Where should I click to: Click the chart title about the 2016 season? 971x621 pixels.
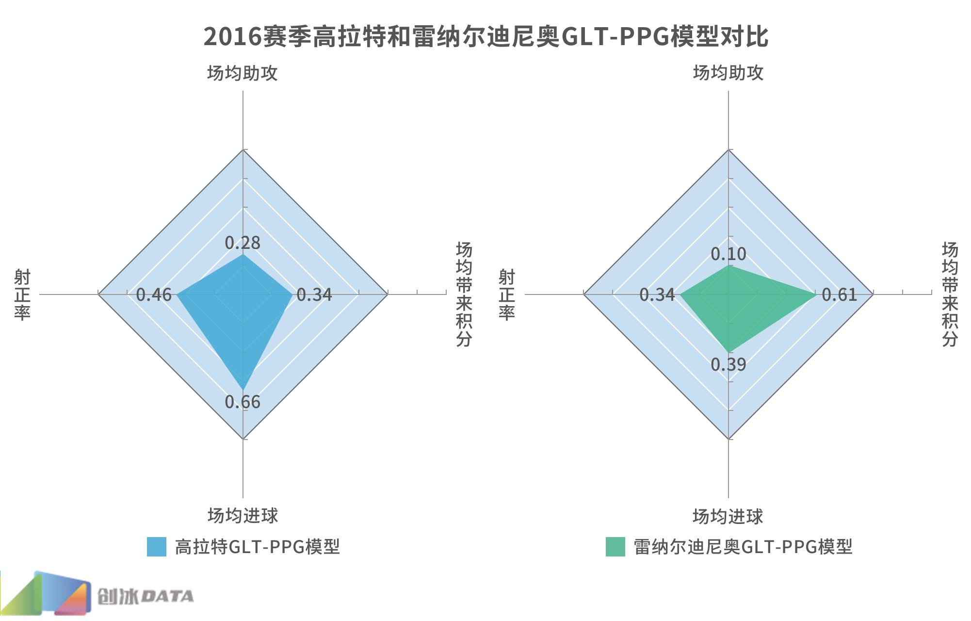click(485, 36)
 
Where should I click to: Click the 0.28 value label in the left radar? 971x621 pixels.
click(243, 243)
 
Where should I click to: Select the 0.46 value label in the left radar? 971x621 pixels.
click(154, 294)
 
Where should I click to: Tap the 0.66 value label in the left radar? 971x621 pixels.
click(243, 402)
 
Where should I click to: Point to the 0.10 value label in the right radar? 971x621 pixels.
click(728, 254)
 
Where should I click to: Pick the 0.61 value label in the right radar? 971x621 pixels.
click(840, 294)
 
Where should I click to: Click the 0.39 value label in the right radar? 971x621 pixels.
click(728, 364)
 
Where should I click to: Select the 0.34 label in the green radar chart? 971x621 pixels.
click(657, 294)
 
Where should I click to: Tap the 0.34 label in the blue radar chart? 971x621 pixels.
click(314, 294)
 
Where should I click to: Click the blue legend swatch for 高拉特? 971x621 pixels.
click(157, 547)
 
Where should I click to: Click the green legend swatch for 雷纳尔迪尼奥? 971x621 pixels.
click(615, 547)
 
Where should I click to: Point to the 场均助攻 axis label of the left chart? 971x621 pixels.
click(243, 73)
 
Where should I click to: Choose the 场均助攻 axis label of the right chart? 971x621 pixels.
click(728, 73)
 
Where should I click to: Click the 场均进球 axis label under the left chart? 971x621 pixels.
click(243, 515)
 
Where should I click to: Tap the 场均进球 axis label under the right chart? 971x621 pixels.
click(728, 516)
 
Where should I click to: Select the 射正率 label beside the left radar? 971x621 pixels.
click(22, 294)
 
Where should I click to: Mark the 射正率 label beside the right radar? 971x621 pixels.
click(507, 294)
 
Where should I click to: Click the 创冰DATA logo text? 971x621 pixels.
click(146, 597)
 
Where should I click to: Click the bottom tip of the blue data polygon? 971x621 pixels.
click(243, 389)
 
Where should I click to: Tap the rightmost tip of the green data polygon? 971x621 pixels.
click(817, 294)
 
